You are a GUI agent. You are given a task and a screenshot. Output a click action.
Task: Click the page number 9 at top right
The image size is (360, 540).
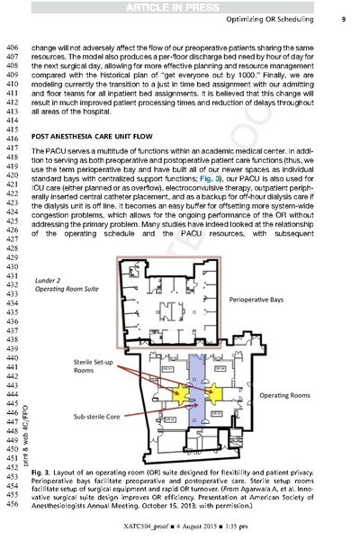coord(344,19)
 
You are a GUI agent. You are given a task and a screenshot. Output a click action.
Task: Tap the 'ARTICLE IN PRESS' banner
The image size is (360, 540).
coord(180,6)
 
